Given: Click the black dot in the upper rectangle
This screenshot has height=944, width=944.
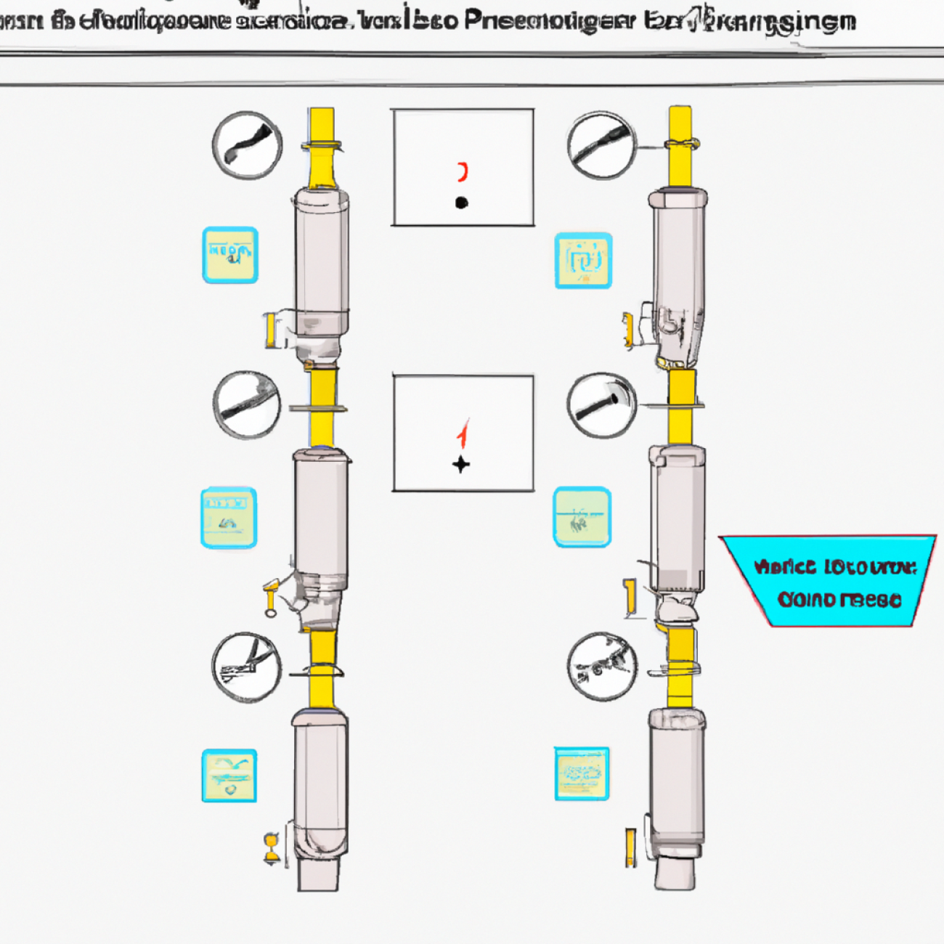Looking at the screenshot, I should coord(461,203).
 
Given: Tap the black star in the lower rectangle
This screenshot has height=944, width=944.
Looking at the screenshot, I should coord(461,464).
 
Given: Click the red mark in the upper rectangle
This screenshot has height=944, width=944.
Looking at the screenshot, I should coord(462,172).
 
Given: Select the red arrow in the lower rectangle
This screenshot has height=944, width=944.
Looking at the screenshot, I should coord(463,434).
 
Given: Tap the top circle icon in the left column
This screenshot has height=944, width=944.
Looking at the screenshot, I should coord(247,145).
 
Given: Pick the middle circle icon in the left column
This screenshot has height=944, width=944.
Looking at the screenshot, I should coord(247,405).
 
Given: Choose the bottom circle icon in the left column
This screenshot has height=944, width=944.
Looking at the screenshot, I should coord(247,667).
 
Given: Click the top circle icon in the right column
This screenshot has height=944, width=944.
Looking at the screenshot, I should coord(601,145).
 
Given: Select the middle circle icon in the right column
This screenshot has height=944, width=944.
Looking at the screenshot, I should coord(601,405).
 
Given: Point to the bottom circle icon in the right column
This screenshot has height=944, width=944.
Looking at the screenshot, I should coord(601,667).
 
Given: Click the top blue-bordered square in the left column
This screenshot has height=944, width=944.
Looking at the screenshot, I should coord(229,255).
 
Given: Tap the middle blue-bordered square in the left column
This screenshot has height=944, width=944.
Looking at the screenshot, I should coord(229,517).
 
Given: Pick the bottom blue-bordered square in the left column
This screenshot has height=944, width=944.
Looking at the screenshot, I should coord(229,776).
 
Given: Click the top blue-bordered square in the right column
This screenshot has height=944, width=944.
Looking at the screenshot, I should coord(583,261).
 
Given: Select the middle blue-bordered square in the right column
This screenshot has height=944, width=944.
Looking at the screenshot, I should coord(582,517).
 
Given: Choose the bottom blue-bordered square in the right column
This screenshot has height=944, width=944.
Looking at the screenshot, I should coord(582,773).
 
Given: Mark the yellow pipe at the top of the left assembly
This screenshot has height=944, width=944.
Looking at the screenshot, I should coord(322,145).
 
